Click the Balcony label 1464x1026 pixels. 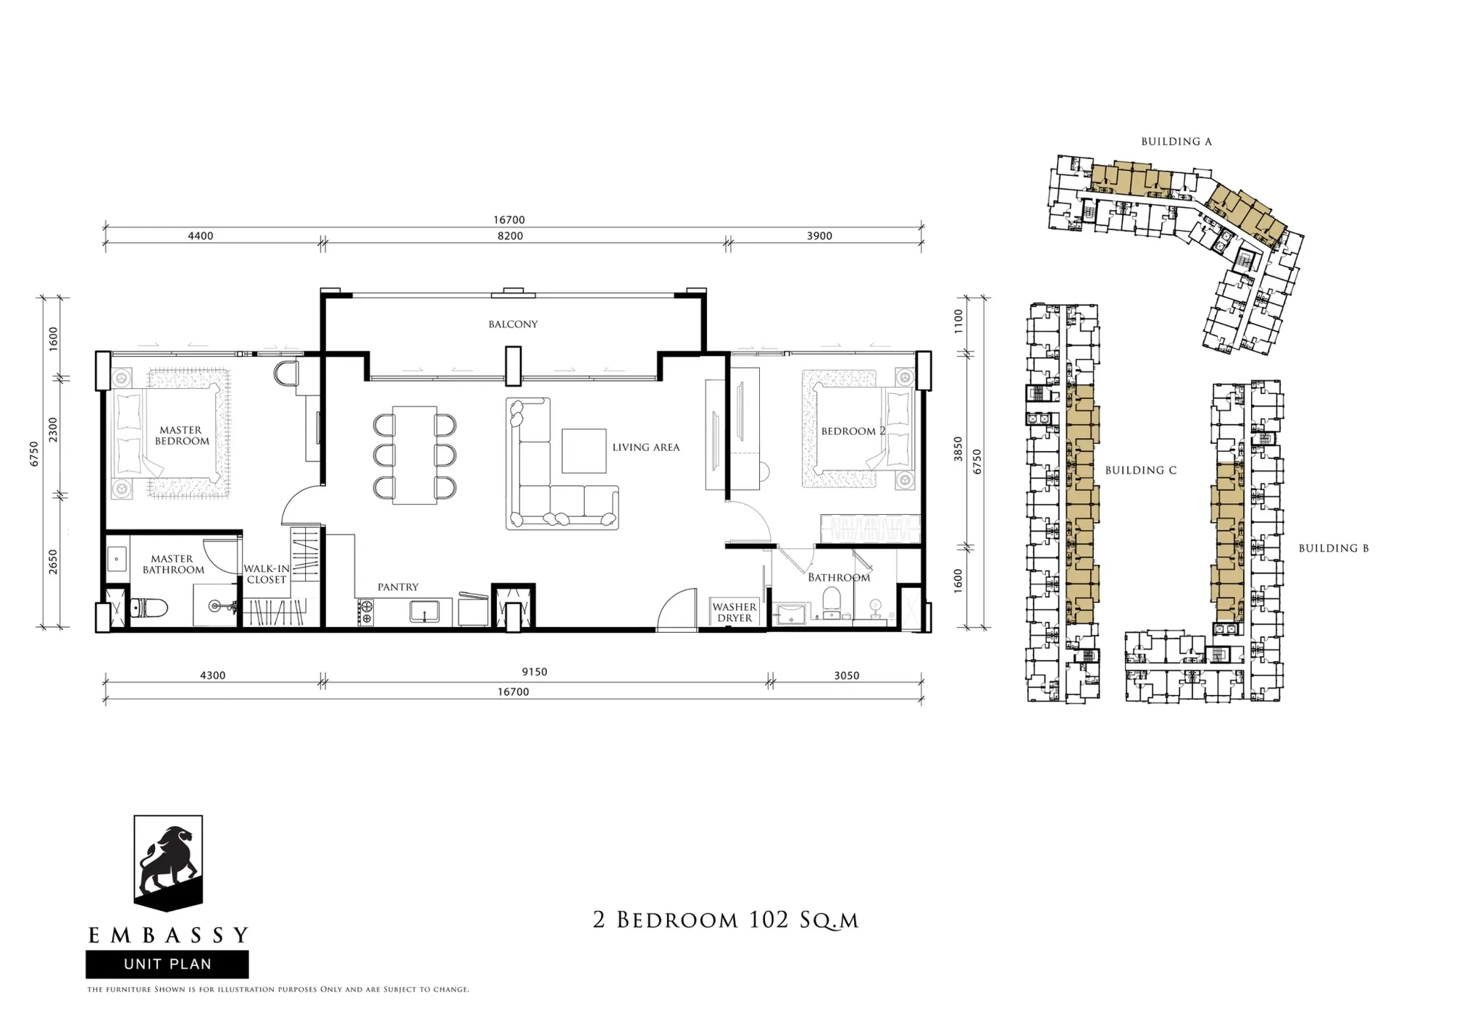pyautogui.click(x=513, y=324)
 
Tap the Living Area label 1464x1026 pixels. pyautogui.click(x=646, y=447)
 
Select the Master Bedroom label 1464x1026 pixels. pyautogui.click(x=182, y=436)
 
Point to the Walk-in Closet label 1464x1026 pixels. pyautogui.click(x=266, y=573)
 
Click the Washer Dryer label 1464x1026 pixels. pyautogui.click(x=734, y=612)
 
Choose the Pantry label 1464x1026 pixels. pyautogui.click(x=398, y=587)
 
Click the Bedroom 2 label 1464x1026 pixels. pyautogui.click(x=853, y=431)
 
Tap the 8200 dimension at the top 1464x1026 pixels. pyautogui.click(x=510, y=236)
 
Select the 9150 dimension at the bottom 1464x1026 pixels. pyautogui.click(x=535, y=672)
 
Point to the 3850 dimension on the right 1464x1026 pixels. pyautogui.click(x=958, y=449)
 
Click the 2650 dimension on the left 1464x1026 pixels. pyautogui.click(x=53, y=562)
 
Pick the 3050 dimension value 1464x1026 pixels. pyautogui.click(x=846, y=675)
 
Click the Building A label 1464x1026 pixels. pyautogui.click(x=1176, y=141)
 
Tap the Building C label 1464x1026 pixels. pyautogui.click(x=1140, y=470)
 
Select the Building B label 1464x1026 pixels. pyautogui.click(x=1333, y=548)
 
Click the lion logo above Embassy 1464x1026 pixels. pyautogui.click(x=168, y=863)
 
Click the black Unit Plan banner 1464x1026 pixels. pyautogui.click(x=167, y=964)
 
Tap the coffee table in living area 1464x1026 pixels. pyautogui.click(x=584, y=450)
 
